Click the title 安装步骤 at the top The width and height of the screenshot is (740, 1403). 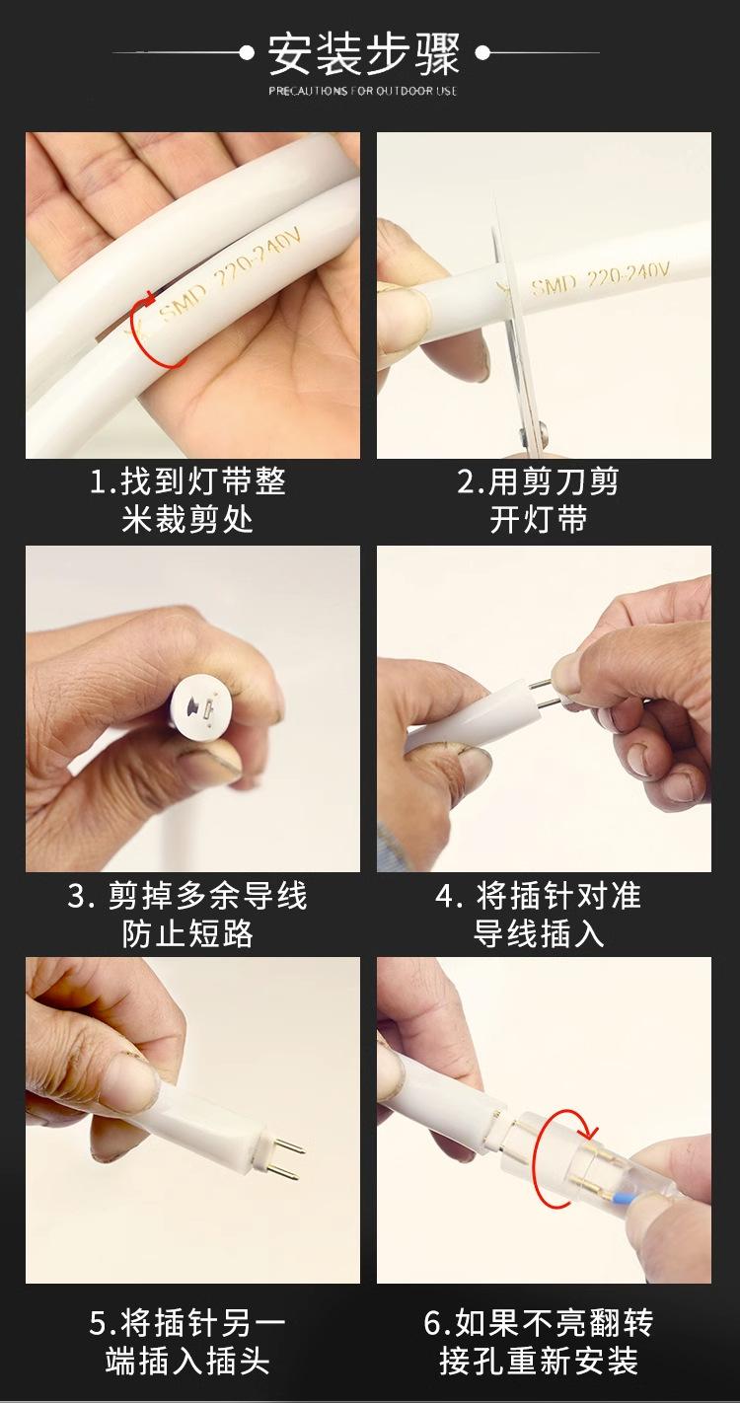coord(364,54)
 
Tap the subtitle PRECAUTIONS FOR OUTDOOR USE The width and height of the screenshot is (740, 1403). coord(363,91)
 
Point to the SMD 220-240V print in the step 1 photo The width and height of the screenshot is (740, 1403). coord(229,276)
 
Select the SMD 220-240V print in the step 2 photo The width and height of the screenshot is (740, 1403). coord(600,278)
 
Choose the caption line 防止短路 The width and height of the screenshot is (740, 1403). coord(188,934)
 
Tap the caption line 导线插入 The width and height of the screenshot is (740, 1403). coord(538,934)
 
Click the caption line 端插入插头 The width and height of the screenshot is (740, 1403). coord(188,1359)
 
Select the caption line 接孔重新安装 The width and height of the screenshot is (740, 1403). coord(538,1359)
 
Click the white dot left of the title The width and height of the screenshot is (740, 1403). coord(247,53)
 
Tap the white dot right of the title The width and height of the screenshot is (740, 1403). coord(482,53)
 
